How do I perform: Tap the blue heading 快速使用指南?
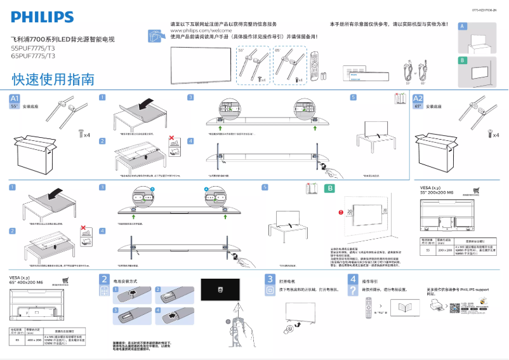53,79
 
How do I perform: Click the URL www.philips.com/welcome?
199,30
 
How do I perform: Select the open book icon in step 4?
401,309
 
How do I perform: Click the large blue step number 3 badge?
269,279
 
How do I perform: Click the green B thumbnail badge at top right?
463,60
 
